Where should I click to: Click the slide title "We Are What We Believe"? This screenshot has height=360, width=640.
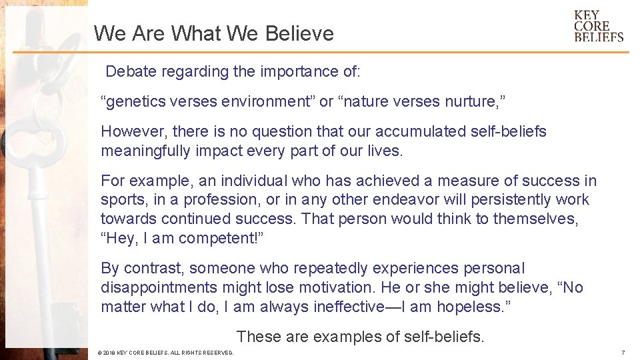coord(213,33)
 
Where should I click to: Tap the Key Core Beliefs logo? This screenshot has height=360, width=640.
coord(598,26)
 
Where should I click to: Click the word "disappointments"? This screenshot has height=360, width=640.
coord(159,287)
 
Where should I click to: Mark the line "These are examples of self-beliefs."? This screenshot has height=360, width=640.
coord(360,337)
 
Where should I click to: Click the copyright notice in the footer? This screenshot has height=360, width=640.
coord(165,353)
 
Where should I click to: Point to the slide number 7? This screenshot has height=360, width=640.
coord(622,352)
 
